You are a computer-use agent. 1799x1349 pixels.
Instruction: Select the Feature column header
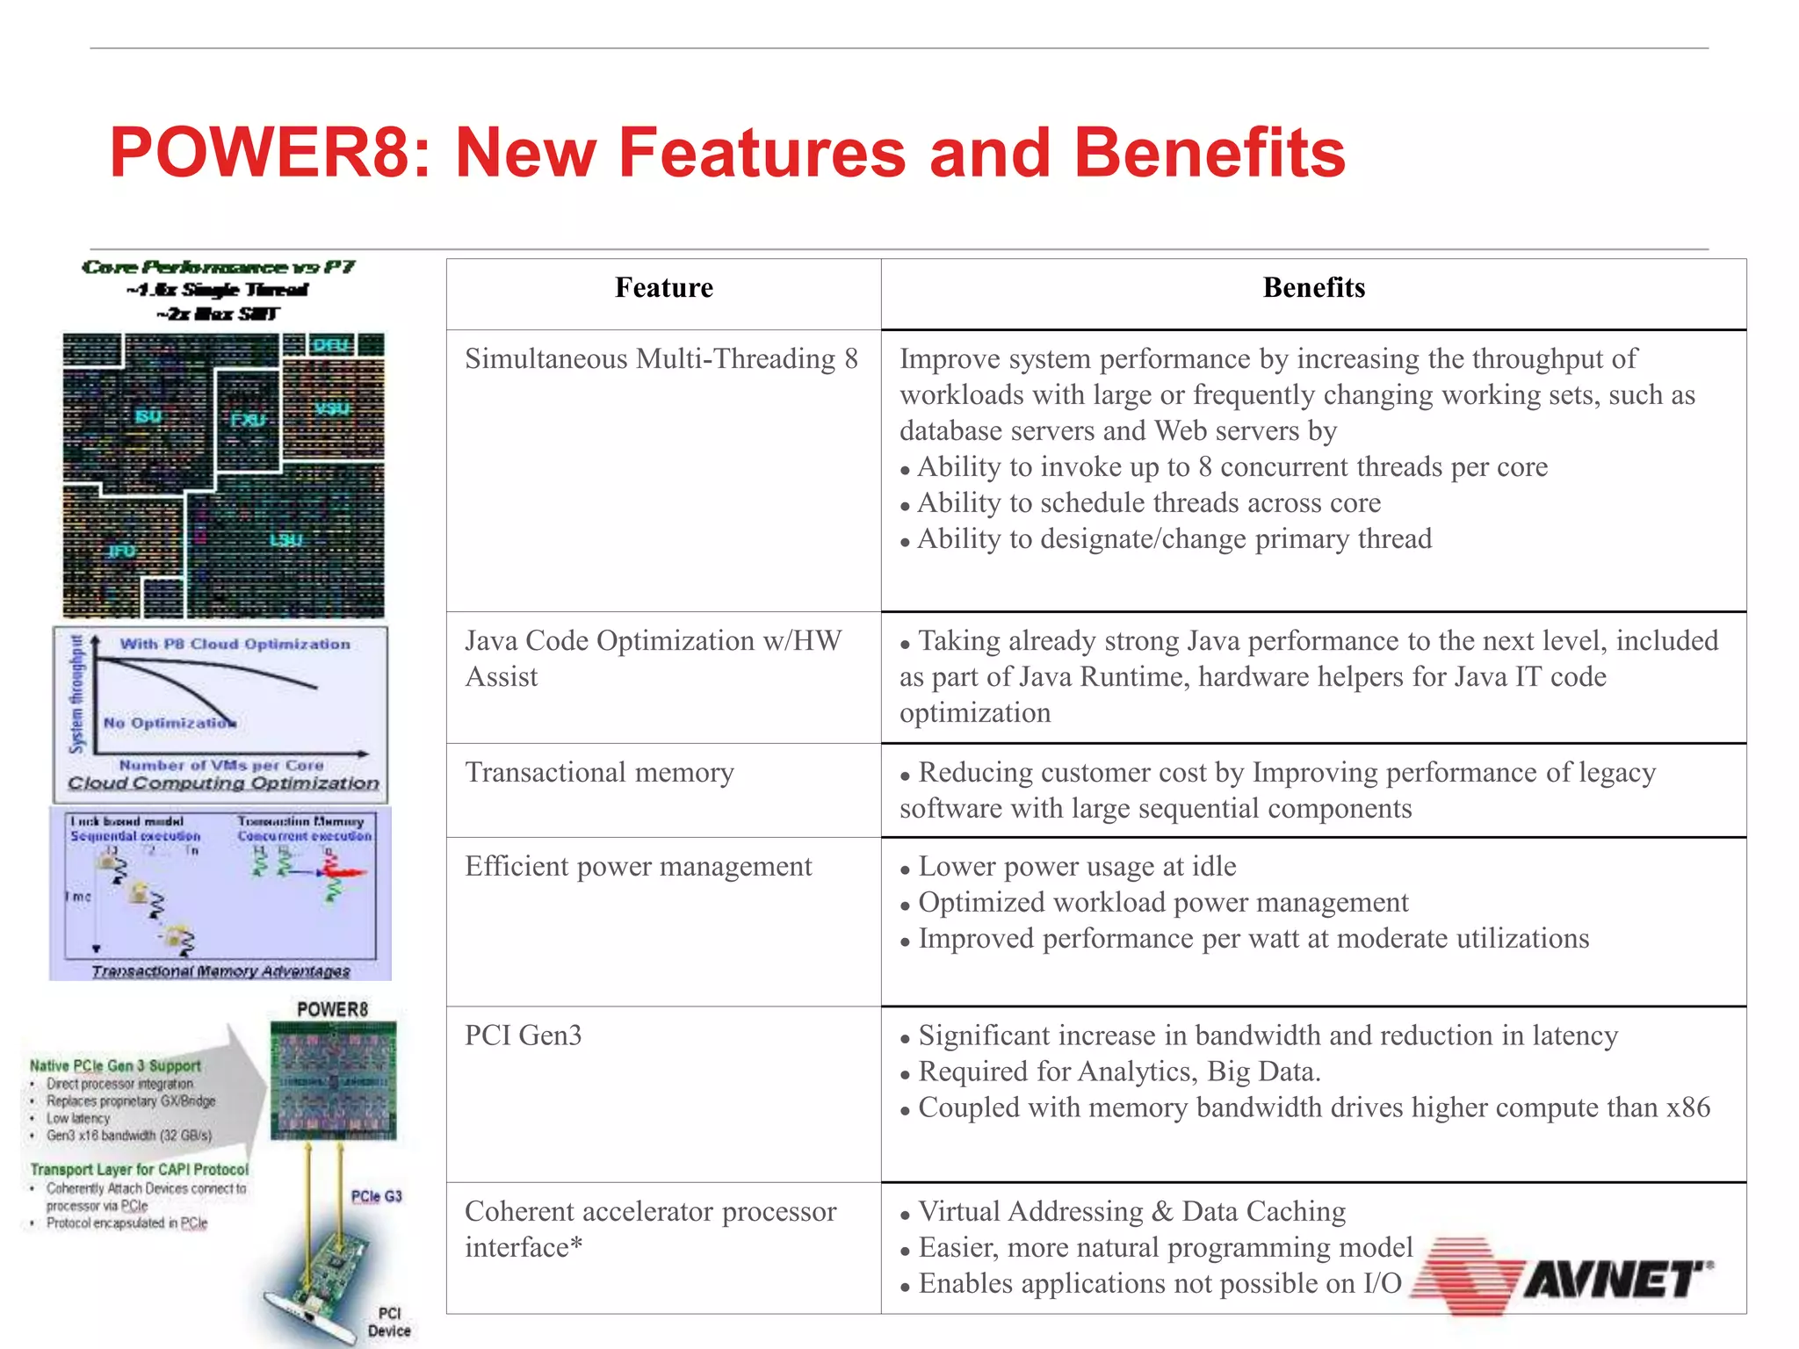pyautogui.click(x=663, y=288)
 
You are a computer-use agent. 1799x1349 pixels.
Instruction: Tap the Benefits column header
pyautogui.click(x=1313, y=288)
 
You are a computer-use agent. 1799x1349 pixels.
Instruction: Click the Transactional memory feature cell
pyautogui.click(x=599, y=773)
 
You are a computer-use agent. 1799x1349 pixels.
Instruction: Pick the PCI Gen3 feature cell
pyautogui.click(x=524, y=1035)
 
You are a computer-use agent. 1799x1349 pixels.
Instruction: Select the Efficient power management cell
pyautogui.click(x=639, y=867)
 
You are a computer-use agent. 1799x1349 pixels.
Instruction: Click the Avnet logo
pyautogui.click(x=1564, y=1276)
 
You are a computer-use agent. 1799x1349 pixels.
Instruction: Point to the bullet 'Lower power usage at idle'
pyautogui.click(x=1077, y=867)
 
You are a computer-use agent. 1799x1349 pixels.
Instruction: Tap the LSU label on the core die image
pyautogui.click(x=285, y=539)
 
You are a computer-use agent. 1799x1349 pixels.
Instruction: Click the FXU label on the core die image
pyautogui.click(x=248, y=420)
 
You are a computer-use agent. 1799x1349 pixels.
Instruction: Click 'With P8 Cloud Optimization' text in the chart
pyautogui.click(x=235, y=644)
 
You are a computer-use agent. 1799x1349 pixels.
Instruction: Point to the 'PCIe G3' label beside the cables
pyautogui.click(x=376, y=1196)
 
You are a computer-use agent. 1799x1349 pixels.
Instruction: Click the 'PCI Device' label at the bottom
pyautogui.click(x=389, y=1322)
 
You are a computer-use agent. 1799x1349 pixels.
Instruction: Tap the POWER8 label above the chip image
pyautogui.click(x=332, y=1009)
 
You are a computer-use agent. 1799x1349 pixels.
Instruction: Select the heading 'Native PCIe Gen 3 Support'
pyautogui.click(x=115, y=1065)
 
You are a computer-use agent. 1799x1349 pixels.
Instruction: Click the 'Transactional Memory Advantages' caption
pyautogui.click(x=220, y=970)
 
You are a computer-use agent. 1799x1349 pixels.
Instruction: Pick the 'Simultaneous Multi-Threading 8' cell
pyautogui.click(x=661, y=359)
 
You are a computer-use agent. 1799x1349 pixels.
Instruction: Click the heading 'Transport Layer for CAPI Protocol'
pyautogui.click(x=139, y=1169)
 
